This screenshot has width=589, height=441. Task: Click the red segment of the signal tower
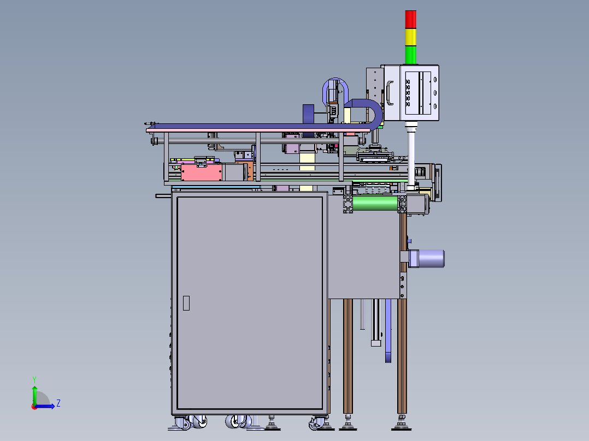click(410, 19)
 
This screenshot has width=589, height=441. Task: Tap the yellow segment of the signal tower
click(410, 37)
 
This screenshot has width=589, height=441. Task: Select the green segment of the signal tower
click(410, 55)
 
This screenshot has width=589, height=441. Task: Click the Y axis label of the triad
click(34, 380)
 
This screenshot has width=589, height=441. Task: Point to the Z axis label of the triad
click(58, 403)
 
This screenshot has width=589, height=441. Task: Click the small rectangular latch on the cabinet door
click(186, 303)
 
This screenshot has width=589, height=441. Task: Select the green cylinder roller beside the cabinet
click(375, 204)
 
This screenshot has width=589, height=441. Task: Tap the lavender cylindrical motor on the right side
click(427, 259)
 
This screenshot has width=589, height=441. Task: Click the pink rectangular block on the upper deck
click(202, 172)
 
